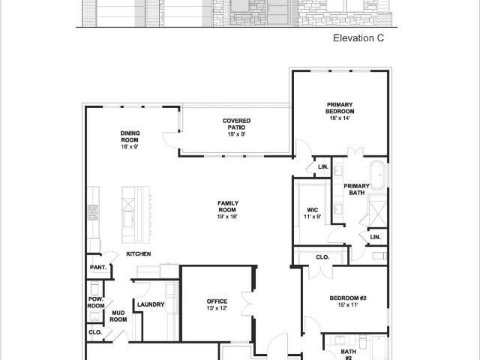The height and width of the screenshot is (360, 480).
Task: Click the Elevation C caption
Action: (x=358, y=38)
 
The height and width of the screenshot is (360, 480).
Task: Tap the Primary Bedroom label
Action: (x=340, y=108)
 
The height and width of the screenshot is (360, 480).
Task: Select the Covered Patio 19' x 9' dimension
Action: (x=236, y=134)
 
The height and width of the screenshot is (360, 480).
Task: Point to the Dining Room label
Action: (x=130, y=136)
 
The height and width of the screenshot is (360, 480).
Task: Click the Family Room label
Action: (x=228, y=206)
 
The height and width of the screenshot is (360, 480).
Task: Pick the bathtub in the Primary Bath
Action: (x=379, y=175)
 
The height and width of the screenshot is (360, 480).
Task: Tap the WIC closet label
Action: (x=313, y=210)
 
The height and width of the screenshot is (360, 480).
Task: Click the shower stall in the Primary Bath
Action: (x=378, y=210)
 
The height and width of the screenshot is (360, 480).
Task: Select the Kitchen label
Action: (x=138, y=253)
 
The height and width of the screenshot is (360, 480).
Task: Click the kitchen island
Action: (x=136, y=214)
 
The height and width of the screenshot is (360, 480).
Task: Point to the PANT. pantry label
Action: (x=98, y=267)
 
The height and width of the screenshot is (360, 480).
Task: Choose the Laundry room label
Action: (x=151, y=304)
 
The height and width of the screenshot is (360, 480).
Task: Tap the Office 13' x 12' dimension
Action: (x=217, y=308)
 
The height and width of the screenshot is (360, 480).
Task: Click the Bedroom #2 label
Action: (x=348, y=298)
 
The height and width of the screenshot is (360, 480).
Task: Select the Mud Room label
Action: (x=118, y=316)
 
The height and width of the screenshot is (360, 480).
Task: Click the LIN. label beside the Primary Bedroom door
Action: (x=323, y=166)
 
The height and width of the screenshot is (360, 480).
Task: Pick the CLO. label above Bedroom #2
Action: (x=322, y=257)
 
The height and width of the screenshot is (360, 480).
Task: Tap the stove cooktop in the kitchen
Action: (x=93, y=212)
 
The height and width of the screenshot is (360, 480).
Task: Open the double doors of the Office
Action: (x=247, y=304)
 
